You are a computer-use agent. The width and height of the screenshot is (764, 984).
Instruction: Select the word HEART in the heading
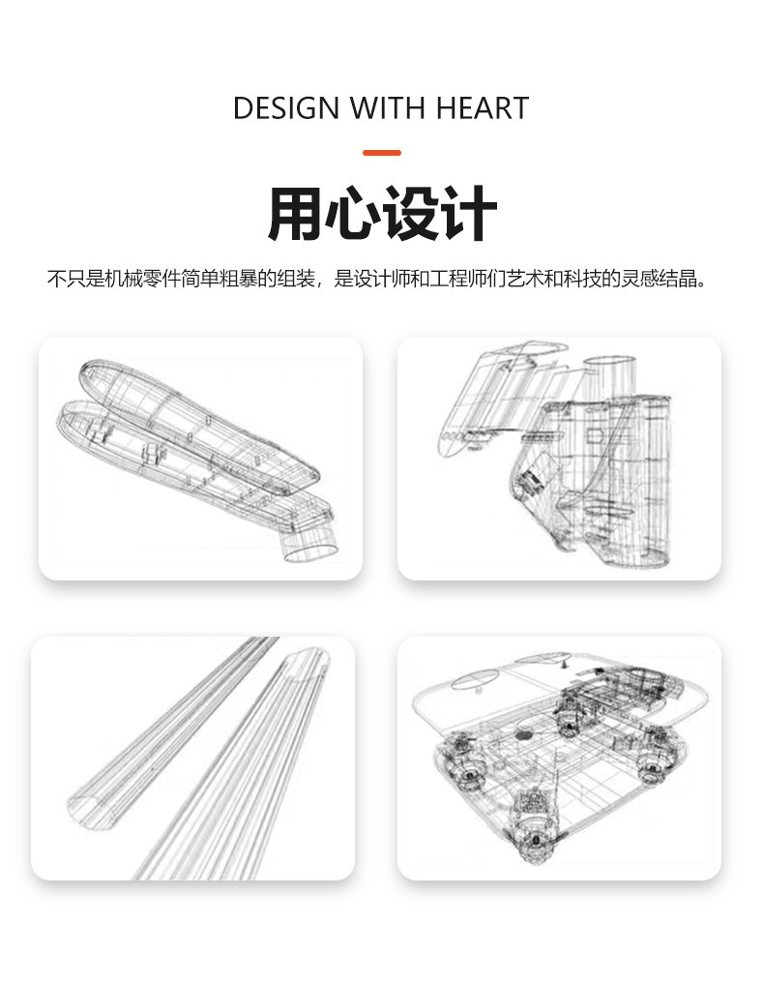pos(482,107)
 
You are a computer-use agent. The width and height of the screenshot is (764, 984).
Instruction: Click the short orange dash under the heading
pos(381,153)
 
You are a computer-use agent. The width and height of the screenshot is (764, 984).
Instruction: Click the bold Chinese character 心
pos(353,216)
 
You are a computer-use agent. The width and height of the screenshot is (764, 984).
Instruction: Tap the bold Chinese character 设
pos(412,216)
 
